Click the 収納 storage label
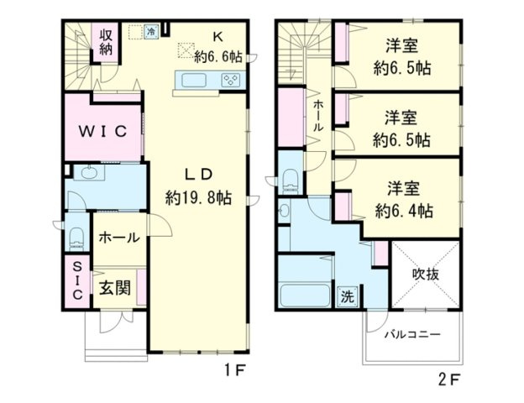(x=107, y=42)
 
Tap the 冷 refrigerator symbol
(x=151, y=32)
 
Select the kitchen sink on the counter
(x=190, y=81)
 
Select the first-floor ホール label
(x=118, y=238)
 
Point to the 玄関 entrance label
(x=114, y=289)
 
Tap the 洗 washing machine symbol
(x=347, y=296)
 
